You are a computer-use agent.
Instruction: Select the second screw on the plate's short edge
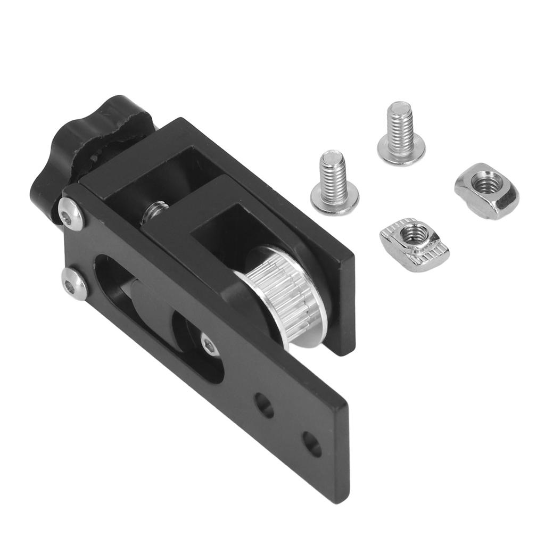74,282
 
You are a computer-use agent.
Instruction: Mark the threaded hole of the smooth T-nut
485,184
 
